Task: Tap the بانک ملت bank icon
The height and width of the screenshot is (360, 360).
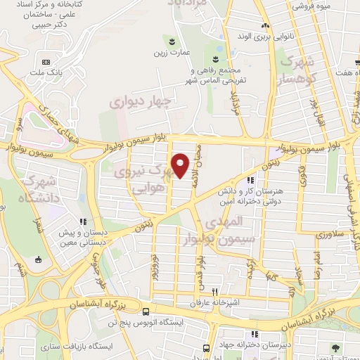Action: point(46,61)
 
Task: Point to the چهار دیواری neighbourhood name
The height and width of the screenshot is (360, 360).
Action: point(139,103)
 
